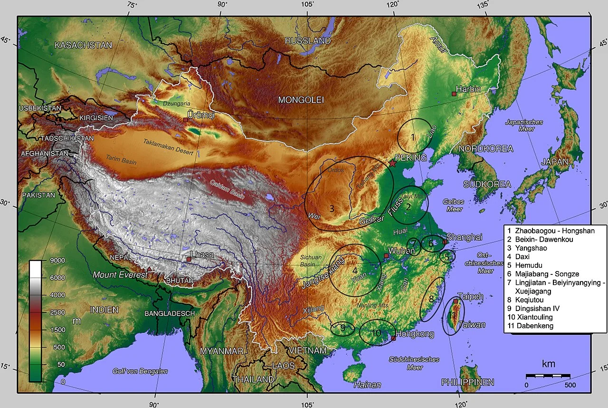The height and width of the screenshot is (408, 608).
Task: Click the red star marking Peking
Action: pos(392,163)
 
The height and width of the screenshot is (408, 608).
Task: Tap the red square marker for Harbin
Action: pos(454,94)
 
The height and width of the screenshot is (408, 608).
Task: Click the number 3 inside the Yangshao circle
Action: pos(332,208)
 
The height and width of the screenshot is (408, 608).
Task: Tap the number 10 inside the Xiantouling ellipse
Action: pos(376,333)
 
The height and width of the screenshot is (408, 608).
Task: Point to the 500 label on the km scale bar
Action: pos(570,384)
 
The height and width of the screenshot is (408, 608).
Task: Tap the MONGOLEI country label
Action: pos(301,100)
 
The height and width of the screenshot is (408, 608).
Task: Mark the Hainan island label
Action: pos(367,385)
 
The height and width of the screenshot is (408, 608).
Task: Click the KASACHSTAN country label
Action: pos(83,45)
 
